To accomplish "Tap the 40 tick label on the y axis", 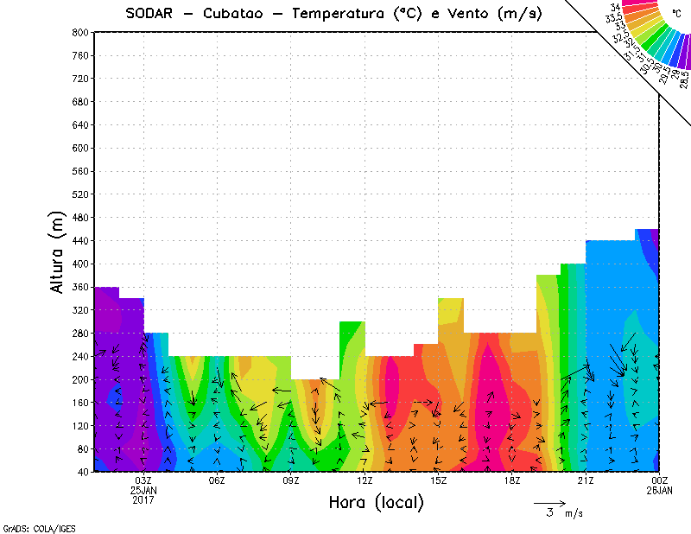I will point(83,472).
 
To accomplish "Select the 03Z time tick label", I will point(143,480).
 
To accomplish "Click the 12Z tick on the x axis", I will point(365,480).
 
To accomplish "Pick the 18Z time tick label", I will point(512,480).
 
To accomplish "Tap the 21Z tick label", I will point(586,480).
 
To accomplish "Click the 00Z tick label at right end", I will point(660,480).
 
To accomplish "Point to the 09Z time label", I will point(290,480).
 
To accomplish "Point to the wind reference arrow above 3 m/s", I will point(548,502).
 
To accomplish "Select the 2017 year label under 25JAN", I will point(143,499).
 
